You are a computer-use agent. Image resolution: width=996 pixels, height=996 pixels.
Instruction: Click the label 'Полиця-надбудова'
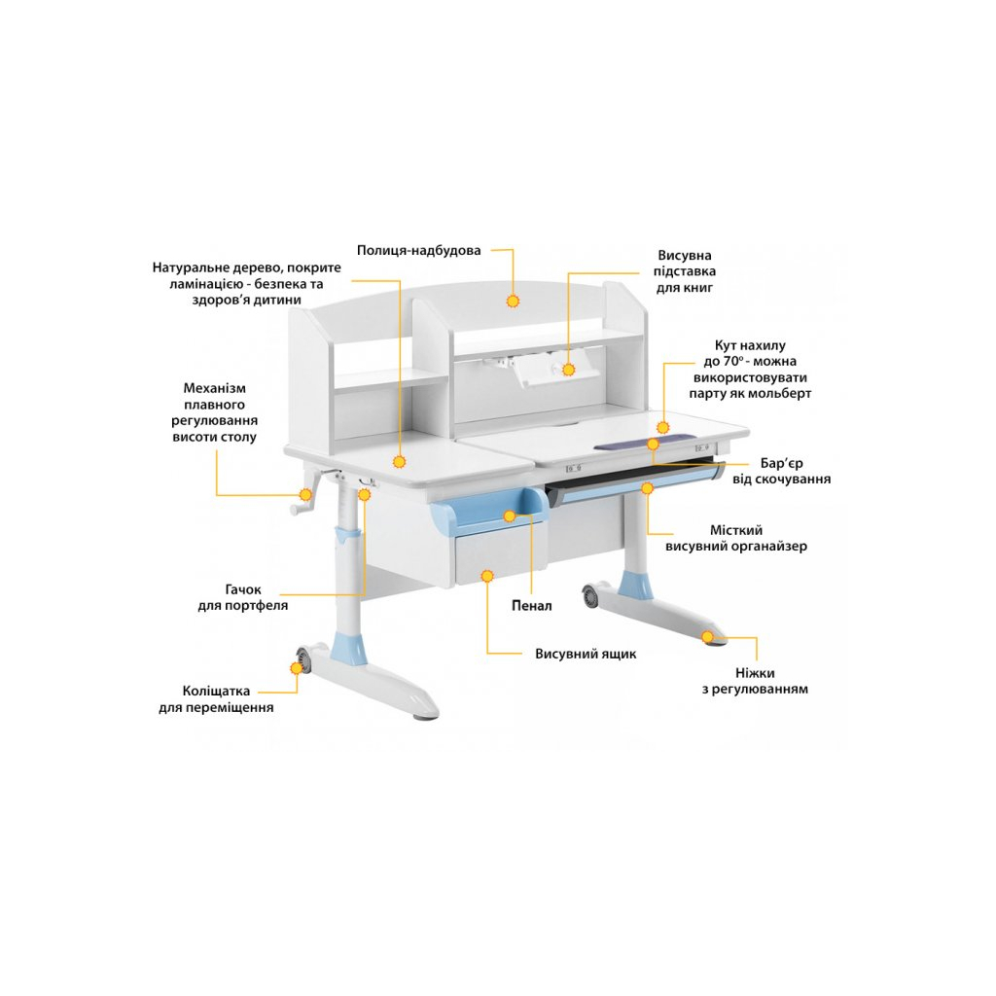(x=418, y=250)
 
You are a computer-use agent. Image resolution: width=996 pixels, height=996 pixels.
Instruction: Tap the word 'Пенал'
(x=532, y=605)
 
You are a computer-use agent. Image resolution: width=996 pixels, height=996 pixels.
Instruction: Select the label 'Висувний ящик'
(x=586, y=654)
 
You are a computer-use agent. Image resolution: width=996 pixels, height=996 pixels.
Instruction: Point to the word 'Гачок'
(x=243, y=589)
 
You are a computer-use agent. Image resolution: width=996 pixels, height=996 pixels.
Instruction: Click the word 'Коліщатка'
(x=216, y=692)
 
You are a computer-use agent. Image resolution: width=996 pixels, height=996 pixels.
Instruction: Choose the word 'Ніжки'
(x=755, y=673)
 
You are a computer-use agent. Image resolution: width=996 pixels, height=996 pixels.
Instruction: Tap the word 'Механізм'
(x=214, y=388)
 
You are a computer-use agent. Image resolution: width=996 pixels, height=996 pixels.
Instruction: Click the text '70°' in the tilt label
(x=732, y=362)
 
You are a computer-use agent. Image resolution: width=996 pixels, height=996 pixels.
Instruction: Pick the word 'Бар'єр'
(x=781, y=463)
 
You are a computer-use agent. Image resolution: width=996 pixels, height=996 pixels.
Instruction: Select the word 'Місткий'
(x=736, y=530)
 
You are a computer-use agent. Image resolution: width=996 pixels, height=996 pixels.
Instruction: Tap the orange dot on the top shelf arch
(x=513, y=301)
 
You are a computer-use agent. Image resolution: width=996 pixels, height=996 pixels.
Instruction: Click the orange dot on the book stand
(x=568, y=369)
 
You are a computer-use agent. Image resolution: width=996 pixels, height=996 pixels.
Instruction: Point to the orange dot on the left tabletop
(x=400, y=462)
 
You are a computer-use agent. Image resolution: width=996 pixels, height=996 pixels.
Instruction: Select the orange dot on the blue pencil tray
(x=510, y=516)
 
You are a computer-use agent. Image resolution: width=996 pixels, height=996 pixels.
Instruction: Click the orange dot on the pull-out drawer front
(x=487, y=576)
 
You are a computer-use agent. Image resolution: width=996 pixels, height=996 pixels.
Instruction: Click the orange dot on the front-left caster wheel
(x=297, y=667)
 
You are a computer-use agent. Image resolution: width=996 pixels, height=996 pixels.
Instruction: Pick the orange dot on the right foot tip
(x=708, y=636)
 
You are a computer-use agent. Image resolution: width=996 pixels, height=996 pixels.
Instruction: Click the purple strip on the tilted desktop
(x=642, y=442)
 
